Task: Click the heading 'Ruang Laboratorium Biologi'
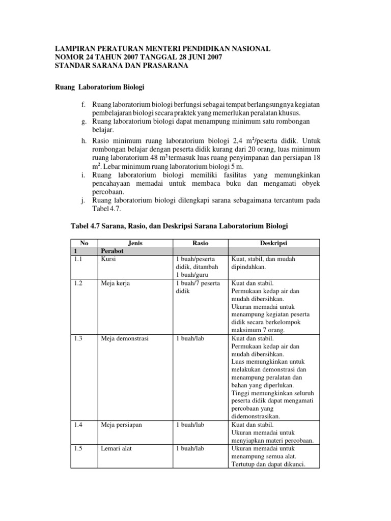103,87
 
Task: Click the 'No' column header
77,243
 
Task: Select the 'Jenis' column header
135,243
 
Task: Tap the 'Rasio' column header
200,243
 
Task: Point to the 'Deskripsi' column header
274,243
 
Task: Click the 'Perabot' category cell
113,251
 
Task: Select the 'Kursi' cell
109,259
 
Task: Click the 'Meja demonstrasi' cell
125,338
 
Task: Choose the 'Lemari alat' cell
117,449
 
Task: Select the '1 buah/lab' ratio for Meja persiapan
190,424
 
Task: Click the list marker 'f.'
83,104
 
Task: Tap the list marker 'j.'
83,200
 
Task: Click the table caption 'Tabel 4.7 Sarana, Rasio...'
181,225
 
